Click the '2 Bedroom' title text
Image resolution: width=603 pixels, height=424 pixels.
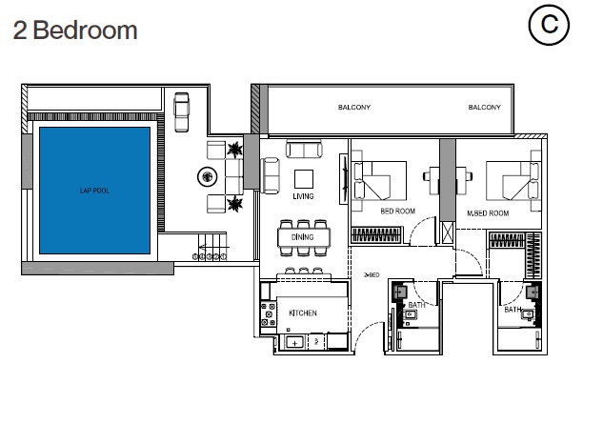click(x=75, y=30)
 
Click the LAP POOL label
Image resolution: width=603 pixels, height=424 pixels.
click(x=94, y=191)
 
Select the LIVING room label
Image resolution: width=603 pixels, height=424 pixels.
click(x=303, y=197)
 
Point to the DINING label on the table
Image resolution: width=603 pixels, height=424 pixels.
click(x=303, y=237)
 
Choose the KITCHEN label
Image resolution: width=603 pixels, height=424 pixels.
click(x=303, y=313)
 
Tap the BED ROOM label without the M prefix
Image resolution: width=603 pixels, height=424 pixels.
click(x=395, y=212)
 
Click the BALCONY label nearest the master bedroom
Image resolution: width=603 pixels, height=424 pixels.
click(x=484, y=108)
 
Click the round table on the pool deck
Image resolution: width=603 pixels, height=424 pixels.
click(x=205, y=175)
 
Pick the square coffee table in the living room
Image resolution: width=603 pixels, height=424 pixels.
click(x=304, y=178)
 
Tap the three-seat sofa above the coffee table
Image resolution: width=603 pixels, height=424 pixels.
click(x=304, y=150)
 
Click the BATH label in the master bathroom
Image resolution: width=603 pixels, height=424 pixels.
click(x=512, y=310)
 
